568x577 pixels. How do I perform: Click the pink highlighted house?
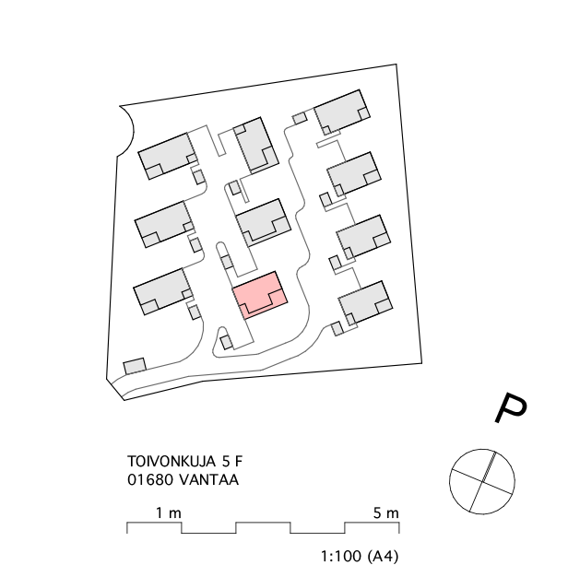point(260,295)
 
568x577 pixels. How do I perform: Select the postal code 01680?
point(150,480)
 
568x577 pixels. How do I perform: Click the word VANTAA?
point(209,480)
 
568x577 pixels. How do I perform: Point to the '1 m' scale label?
point(169,512)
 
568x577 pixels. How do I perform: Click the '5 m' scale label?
point(385,512)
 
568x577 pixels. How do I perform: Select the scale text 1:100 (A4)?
point(360,556)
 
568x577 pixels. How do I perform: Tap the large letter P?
point(510,407)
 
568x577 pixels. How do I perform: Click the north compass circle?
point(482,481)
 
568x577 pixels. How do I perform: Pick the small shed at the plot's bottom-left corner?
point(135,366)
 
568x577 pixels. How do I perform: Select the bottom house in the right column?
point(365,303)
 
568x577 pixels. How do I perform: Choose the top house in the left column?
point(168,156)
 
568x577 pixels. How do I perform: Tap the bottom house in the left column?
point(163,291)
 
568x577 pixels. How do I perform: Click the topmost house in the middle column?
point(256,146)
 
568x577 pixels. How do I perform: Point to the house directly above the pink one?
point(263,223)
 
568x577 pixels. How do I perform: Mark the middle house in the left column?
point(165,224)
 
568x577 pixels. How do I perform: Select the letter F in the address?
point(239,461)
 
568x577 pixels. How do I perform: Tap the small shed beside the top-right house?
point(300,118)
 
